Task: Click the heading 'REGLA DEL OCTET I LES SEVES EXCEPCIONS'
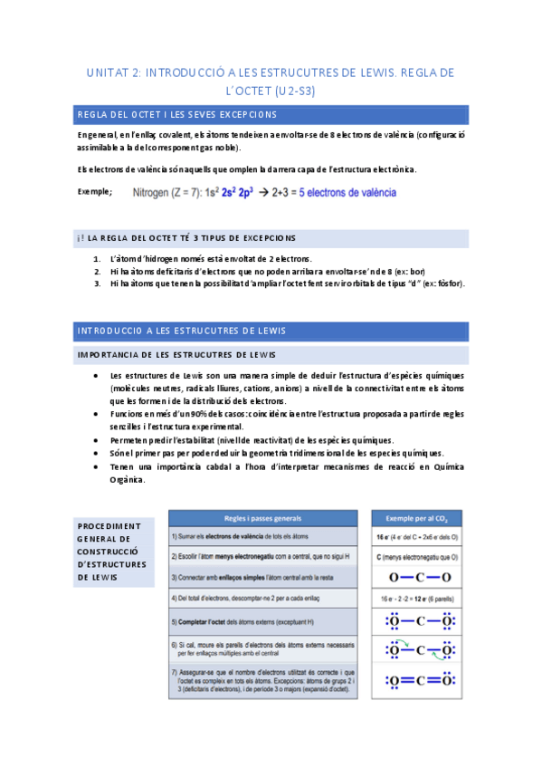tap(177, 115)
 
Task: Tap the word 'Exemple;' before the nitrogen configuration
tap(95, 191)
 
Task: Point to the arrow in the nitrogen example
tap(264, 192)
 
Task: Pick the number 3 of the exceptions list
tap(97, 283)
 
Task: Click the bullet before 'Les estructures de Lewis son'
tap(97, 376)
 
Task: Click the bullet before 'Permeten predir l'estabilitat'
tap(97, 439)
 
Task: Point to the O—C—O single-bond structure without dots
tap(416, 577)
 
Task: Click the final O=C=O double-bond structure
tap(416, 679)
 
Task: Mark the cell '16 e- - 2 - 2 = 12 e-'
tap(416, 599)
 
